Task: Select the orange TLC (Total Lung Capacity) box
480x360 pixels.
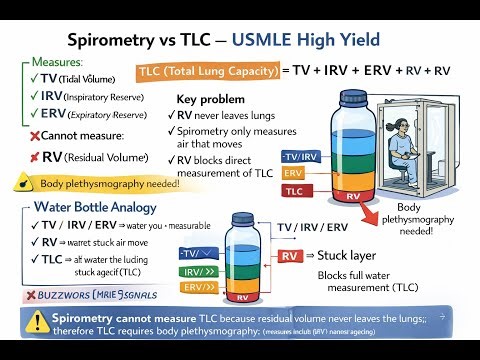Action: [206, 71]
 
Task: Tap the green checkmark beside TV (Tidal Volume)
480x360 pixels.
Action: [33, 78]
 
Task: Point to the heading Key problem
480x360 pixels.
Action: [211, 100]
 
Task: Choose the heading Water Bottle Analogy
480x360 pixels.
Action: [91, 208]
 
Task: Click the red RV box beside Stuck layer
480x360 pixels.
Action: [290, 256]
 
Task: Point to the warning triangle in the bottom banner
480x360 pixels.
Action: [37, 323]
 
